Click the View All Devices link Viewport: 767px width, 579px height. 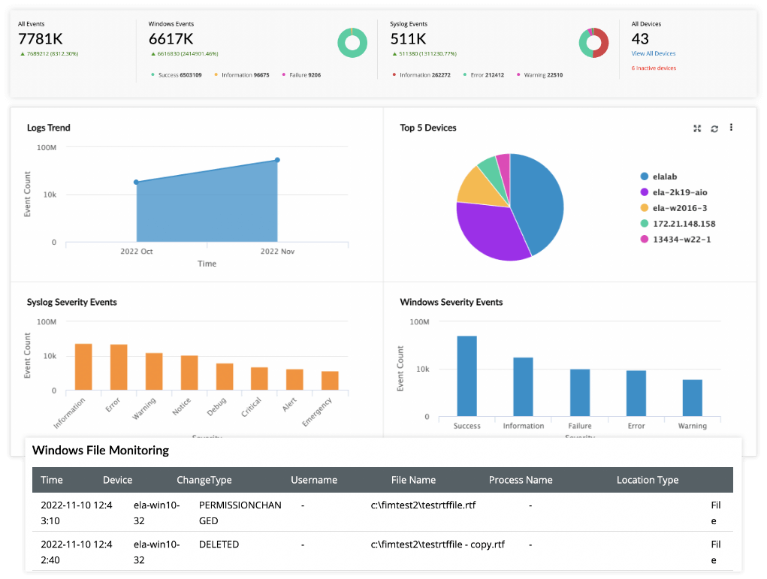653,54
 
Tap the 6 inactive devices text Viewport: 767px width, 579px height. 654,68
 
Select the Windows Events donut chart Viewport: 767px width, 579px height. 352,43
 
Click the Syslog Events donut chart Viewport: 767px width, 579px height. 593,43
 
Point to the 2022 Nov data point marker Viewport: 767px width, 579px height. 277,160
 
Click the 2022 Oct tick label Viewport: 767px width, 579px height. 136,252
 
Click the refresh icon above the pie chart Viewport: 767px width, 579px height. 714,128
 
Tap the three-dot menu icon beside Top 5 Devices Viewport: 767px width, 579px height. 731,128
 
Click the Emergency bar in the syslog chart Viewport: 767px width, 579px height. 330,381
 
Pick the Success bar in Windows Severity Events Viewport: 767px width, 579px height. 467,375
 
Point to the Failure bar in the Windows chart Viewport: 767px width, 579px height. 580,392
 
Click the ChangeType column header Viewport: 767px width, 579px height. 204,480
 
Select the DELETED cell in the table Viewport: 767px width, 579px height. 219,544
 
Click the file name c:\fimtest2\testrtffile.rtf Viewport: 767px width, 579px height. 424,505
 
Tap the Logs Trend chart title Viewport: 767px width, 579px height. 49,128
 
